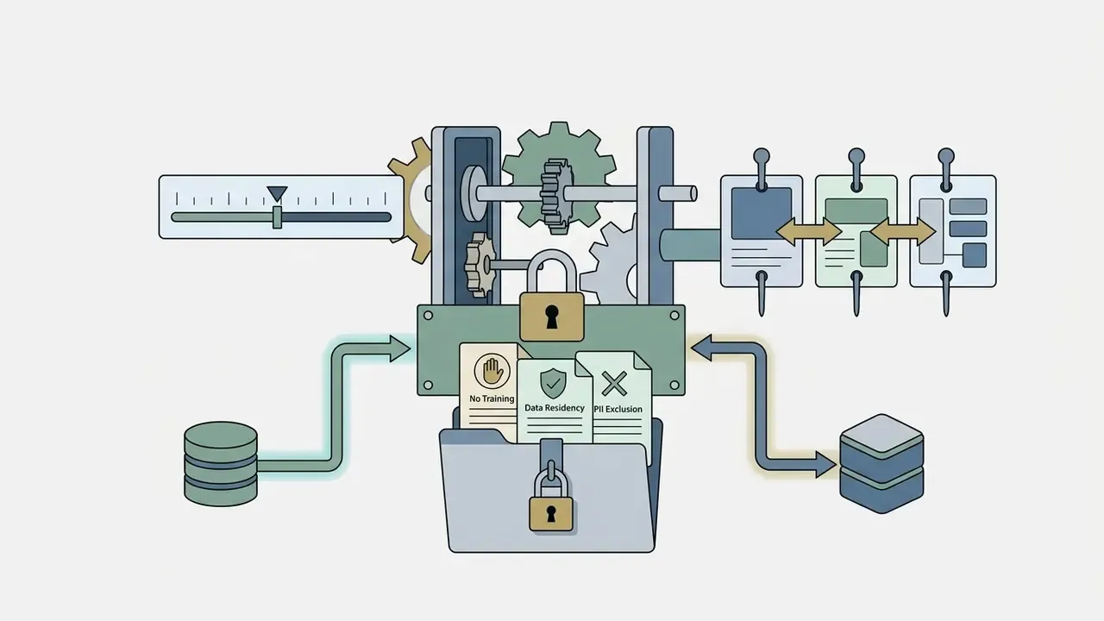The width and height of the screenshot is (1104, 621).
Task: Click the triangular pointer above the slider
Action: [x=277, y=193]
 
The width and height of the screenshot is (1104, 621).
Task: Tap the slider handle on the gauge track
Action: [x=277, y=217]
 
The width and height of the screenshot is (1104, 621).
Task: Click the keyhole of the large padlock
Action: [x=551, y=317]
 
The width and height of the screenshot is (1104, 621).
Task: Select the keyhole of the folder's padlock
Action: [x=550, y=513]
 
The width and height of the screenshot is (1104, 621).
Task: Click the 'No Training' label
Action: [x=492, y=398]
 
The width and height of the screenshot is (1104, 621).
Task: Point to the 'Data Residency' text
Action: [x=554, y=408]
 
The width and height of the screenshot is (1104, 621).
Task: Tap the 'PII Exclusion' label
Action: [x=618, y=409]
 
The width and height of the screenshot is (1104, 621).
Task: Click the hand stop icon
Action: [x=492, y=370]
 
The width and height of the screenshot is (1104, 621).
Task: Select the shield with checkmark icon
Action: [x=553, y=383]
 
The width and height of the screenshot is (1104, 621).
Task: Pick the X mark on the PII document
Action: [x=614, y=384]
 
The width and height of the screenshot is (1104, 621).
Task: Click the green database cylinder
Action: [x=220, y=463]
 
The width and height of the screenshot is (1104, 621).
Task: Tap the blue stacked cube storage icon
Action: [x=881, y=463]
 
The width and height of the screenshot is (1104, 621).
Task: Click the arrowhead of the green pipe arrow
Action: [x=399, y=349]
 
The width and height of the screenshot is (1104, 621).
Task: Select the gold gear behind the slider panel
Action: [x=411, y=199]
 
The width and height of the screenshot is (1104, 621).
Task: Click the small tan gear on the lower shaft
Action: [x=480, y=265]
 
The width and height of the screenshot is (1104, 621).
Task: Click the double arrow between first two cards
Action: [x=809, y=231]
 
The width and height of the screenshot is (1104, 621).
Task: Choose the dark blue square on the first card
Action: [x=761, y=213]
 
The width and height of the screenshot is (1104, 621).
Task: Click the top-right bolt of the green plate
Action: [x=674, y=316]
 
